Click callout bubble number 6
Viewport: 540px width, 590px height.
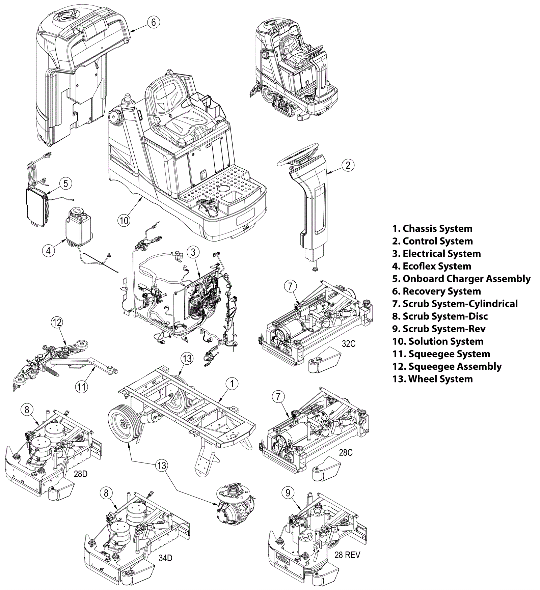coord(153,22)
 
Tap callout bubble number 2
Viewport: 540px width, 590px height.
coord(348,165)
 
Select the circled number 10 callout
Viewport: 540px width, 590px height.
coord(124,220)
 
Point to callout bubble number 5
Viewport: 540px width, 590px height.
coord(65,183)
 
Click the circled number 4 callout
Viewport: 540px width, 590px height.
coord(49,251)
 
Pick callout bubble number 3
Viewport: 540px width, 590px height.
coord(193,252)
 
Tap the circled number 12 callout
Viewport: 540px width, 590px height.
coord(57,322)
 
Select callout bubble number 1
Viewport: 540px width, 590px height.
coord(232,384)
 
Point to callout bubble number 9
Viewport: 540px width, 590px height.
coord(288,493)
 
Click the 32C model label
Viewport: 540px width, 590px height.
coord(348,344)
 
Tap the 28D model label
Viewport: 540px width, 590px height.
coord(80,474)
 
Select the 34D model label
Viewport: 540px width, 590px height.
coord(165,558)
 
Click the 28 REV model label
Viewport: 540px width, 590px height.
coord(347,555)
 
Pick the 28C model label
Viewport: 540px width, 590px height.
coord(346,452)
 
